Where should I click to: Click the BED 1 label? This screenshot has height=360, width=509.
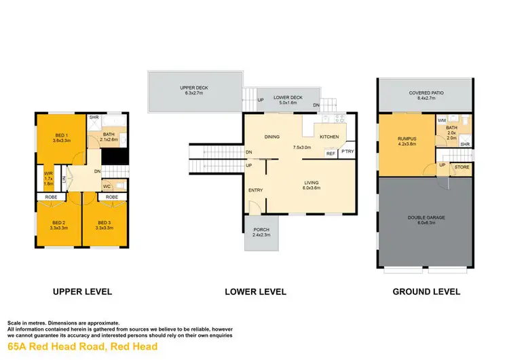click(x=62, y=136)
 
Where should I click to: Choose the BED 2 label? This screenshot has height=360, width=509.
click(x=59, y=223)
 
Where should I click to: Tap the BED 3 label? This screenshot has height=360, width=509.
click(x=104, y=223)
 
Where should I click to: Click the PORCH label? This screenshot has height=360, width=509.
click(x=261, y=230)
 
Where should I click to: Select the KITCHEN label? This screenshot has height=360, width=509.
click(x=329, y=137)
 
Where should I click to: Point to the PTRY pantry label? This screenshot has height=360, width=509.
click(x=347, y=151)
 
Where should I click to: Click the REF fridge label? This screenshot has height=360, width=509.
click(x=331, y=154)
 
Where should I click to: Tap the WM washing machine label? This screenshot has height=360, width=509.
click(x=441, y=120)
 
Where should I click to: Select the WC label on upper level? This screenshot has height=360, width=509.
click(x=106, y=185)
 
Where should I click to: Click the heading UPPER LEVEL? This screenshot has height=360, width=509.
click(x=82, y=292)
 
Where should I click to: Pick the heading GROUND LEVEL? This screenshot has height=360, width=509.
click(x=426, y=292)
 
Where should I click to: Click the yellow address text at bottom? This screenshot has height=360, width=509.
click(x=82, y=347)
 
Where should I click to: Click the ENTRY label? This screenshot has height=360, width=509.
click(x=255, y=191)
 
